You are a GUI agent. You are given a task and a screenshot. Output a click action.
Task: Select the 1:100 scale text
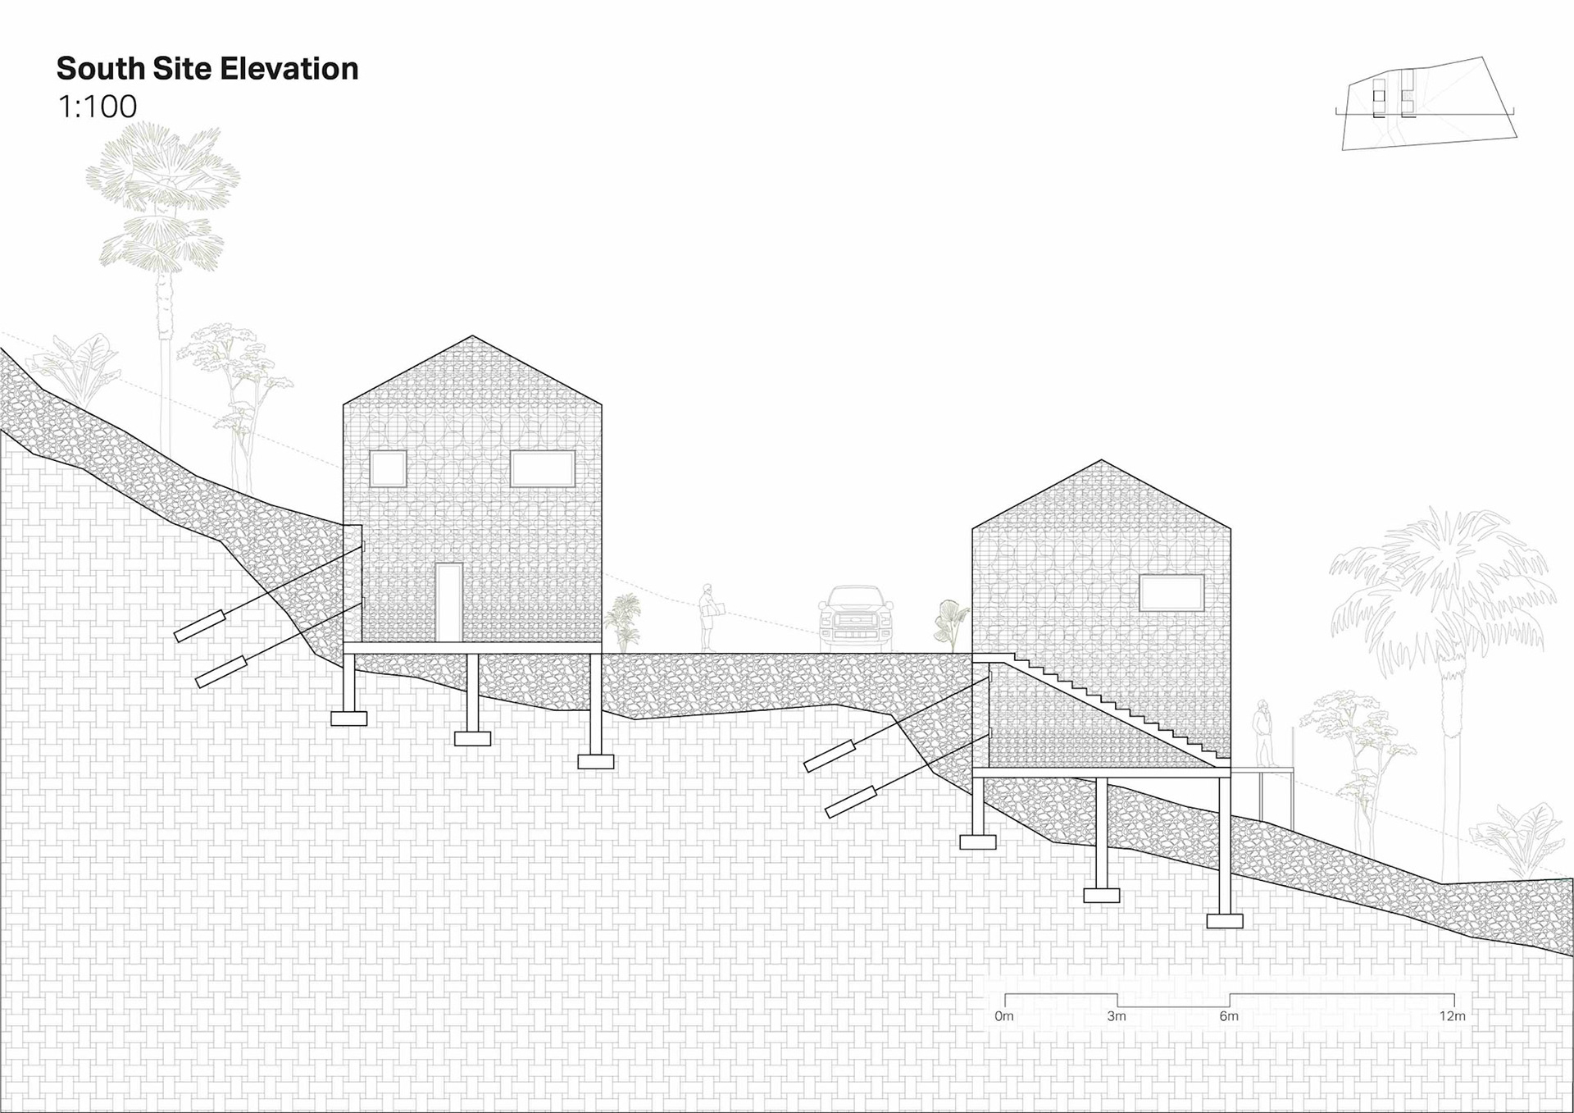[x=97, y=107]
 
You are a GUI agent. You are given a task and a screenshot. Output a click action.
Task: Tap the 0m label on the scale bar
[x=1004, y=1016]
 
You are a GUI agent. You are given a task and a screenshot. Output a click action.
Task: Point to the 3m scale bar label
[x=1117, y=1016]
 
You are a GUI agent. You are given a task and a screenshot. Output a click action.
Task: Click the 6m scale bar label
[x=1229, y=1016]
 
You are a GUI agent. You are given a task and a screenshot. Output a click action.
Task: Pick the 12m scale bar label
[x=1452, y=1016]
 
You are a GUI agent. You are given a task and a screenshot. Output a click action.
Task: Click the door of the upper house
[x=448, y=602]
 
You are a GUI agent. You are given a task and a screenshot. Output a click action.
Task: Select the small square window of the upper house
[x=388, y=469]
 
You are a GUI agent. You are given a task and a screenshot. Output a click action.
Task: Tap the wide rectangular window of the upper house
[x=543, y=468]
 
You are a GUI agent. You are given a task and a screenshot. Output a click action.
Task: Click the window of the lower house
[x=1171, y=593]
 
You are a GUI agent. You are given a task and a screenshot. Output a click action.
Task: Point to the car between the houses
[x=856, y=619]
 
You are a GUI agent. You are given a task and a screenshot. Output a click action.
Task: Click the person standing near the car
[x=708, y=618]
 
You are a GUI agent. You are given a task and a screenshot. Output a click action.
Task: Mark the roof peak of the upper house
[x=472, y=337]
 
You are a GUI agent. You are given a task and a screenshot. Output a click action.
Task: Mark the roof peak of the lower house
[x=1101, y=462]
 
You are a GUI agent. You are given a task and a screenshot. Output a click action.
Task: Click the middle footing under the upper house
[x=472, y=739]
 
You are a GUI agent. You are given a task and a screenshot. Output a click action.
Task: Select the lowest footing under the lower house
[x=1225, y=921]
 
